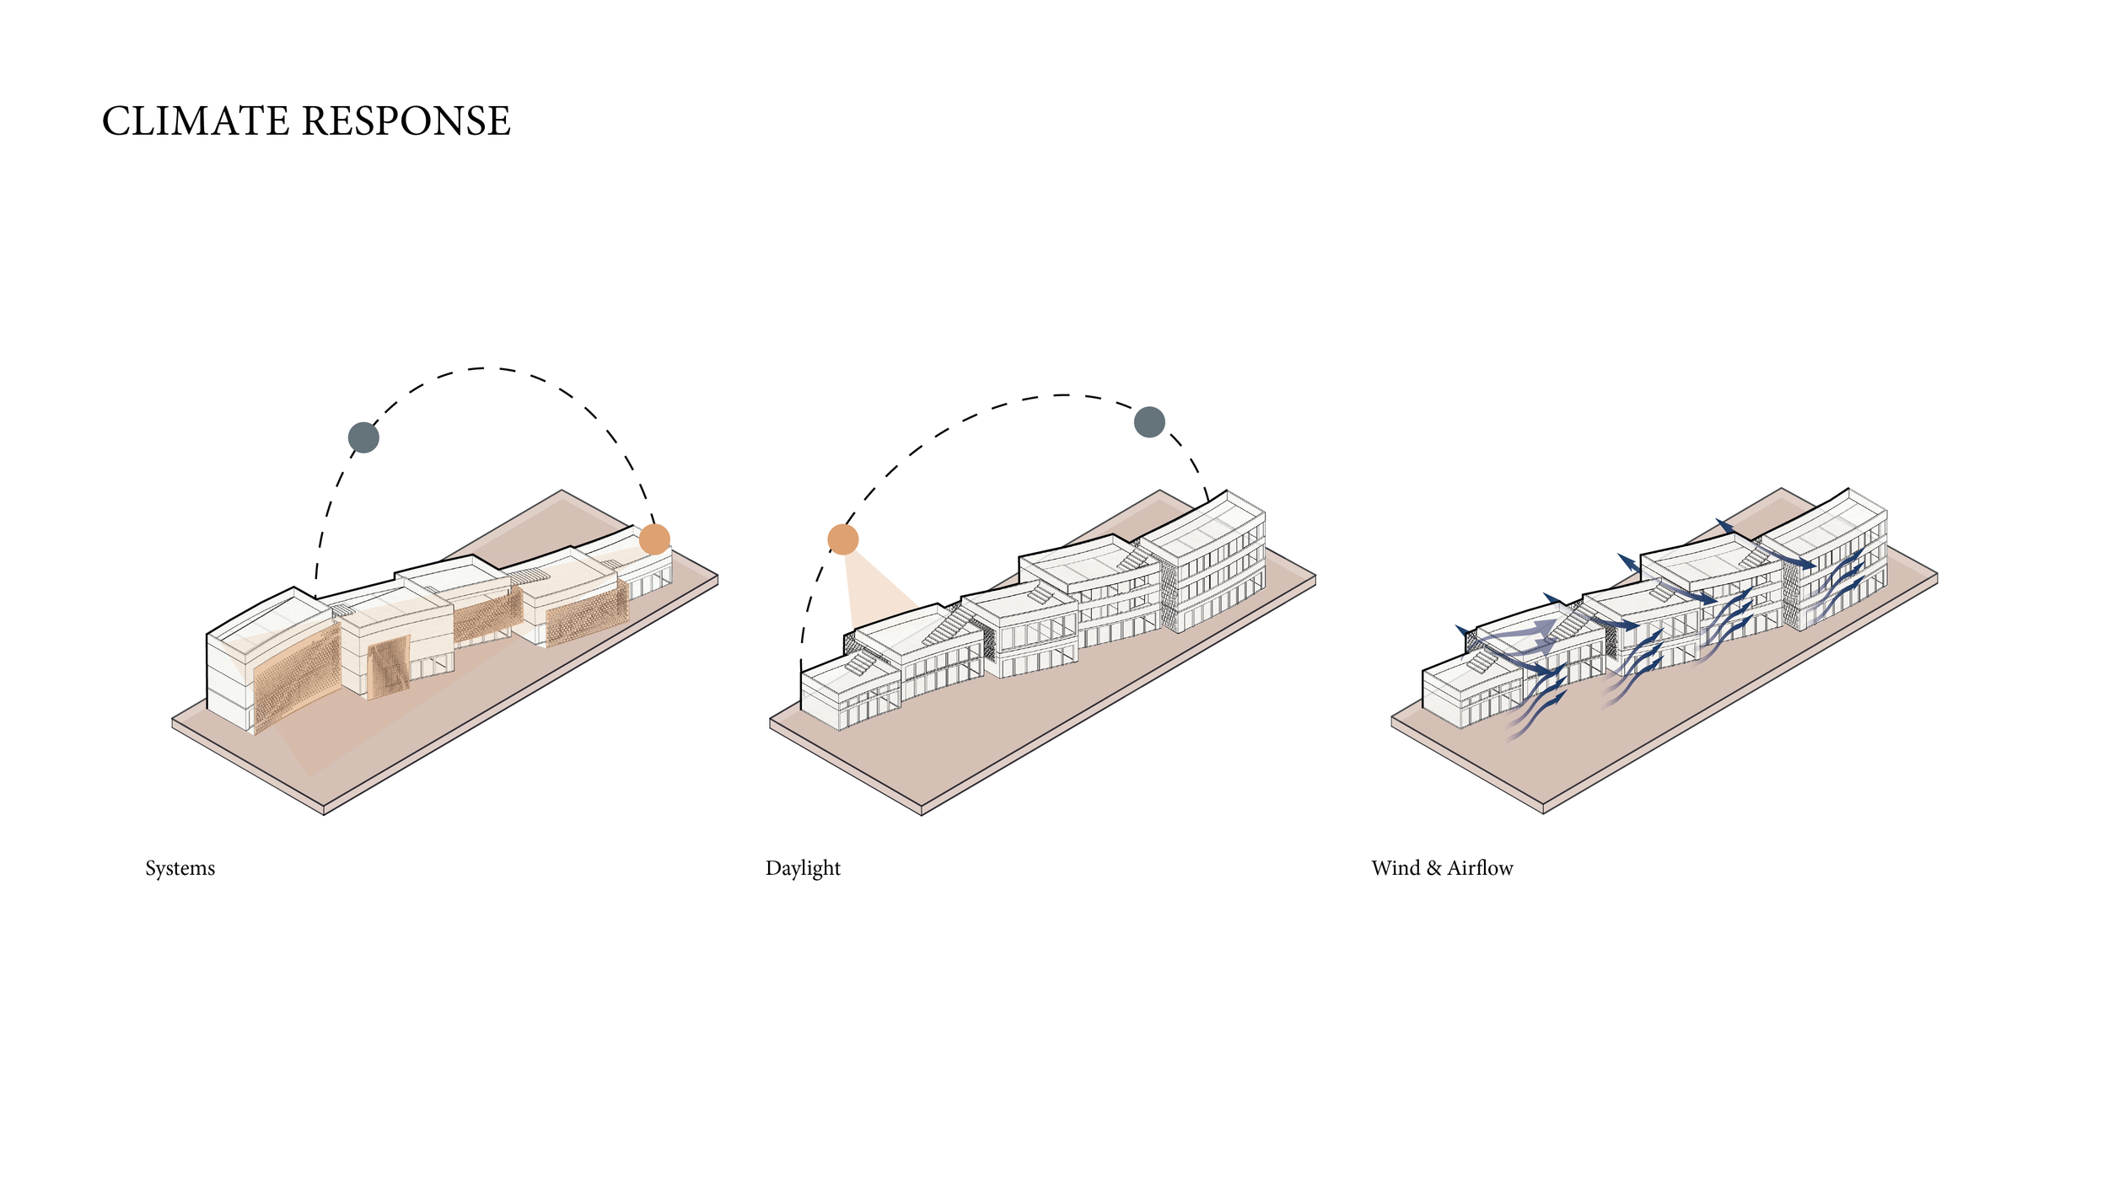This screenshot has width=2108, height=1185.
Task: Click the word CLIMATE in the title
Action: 196,121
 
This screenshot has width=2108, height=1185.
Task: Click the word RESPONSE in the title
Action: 406,121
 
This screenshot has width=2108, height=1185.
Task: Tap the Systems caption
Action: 180,869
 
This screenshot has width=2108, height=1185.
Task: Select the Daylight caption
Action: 803,869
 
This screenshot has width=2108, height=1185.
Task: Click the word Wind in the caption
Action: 1395,868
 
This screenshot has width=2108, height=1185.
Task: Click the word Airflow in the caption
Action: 1480,868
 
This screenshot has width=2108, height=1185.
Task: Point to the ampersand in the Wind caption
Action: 1433,868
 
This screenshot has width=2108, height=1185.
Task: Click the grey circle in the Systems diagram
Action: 363,437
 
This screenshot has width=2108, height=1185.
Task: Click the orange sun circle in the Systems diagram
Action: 654,539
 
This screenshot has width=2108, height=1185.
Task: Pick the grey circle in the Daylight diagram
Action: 1149,421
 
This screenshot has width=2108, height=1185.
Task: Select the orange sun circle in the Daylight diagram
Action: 842,539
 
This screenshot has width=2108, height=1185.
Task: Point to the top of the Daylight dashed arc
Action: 1062,394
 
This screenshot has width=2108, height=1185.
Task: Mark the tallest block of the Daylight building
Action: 1210,560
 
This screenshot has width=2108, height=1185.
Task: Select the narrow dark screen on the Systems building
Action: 389,669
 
